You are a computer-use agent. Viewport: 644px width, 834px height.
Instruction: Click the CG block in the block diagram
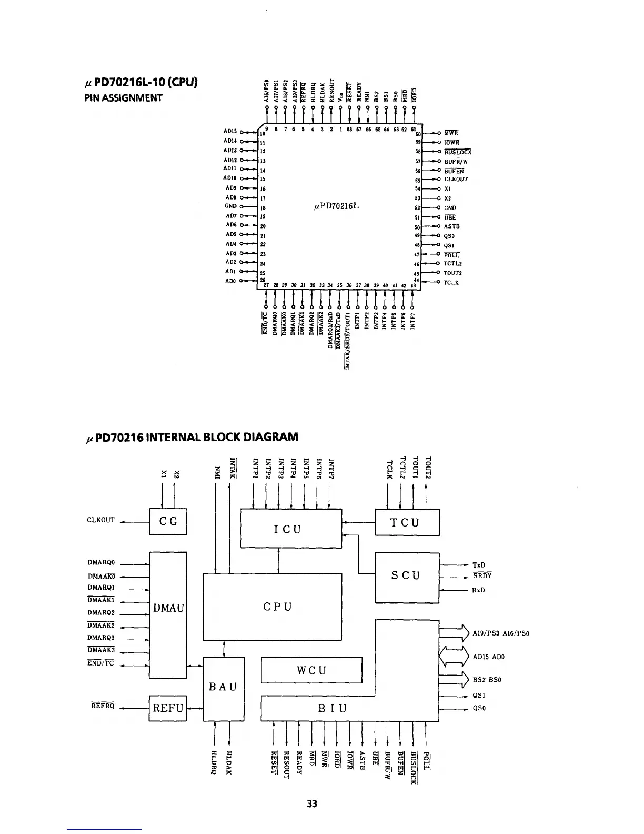(x=168, y=521)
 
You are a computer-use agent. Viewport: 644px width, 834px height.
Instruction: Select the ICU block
(x=291, y=528)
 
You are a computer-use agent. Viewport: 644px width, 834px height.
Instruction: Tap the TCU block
(x=407, y=522)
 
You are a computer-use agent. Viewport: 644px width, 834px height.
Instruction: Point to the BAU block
(x=224, y=687)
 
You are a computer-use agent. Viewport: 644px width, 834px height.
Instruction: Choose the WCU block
(x=311, y=670)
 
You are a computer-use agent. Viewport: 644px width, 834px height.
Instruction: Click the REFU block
(x=168, y=708)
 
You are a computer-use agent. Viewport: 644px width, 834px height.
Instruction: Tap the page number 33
(x=312, y=804)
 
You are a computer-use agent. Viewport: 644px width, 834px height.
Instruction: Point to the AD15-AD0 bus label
(x=489, y=657)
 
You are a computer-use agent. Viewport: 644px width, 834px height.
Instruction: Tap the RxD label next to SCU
(x=478, y=590)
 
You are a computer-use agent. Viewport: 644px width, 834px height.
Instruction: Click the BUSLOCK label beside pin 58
(x=458, y=152)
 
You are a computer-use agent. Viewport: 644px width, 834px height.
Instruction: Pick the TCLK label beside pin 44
(x=451, y=283)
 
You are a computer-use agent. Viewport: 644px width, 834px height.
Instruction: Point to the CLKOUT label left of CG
(x=100, y=520)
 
